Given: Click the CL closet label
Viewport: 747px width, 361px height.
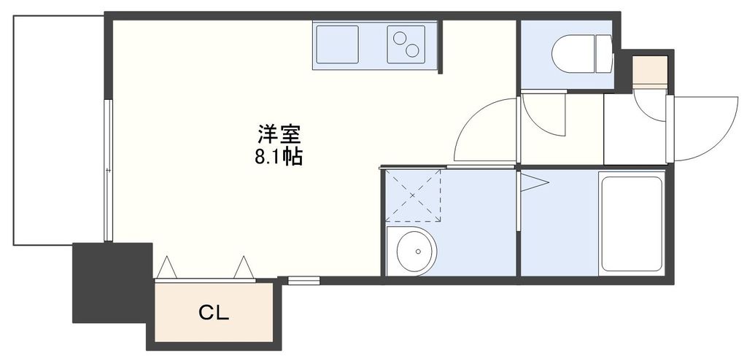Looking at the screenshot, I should click(214, 314).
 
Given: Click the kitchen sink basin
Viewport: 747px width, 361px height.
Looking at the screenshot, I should click(338, 44).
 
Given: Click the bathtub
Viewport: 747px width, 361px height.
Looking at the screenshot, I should click(630, 223).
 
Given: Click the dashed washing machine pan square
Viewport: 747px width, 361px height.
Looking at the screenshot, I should click(414, 195).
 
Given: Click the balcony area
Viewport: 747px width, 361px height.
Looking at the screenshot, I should click(58, 131).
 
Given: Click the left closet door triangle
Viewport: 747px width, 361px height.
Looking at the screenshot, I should click(166, 268).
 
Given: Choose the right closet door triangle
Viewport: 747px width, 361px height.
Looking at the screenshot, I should click(244, 268).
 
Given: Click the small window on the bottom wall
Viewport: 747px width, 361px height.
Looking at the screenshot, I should click(303, 279).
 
